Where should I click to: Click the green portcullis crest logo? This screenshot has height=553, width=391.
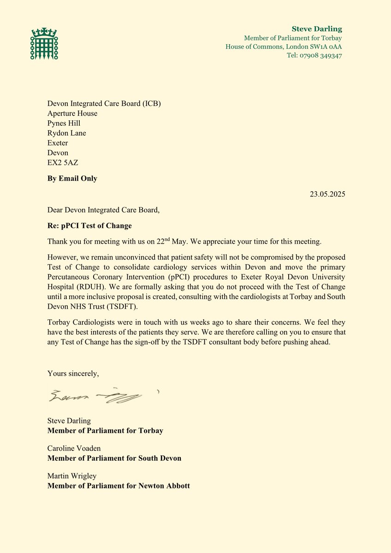click(x=44, y=44)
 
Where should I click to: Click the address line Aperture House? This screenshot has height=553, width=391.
click(x=72, y=113)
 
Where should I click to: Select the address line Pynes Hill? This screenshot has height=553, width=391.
click(x=64, y=123)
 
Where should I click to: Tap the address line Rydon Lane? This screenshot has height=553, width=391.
click(x=66, y=133)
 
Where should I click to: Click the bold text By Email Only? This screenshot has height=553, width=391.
click(x=72, y=178)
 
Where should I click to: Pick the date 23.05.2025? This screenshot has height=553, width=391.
click(x=327, y=194)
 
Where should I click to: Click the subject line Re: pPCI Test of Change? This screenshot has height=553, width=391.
click(x=89, y=226)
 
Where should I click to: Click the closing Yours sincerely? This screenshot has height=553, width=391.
click(x=73, y=374)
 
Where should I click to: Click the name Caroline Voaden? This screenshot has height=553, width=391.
click(x=74, y=448)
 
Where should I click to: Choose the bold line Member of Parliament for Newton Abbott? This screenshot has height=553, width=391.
click(x=118, y=486)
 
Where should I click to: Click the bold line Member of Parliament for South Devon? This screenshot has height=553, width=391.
click(x=114, y=458)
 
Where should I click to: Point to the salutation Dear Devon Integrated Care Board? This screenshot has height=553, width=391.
click(x=104, y=210)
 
